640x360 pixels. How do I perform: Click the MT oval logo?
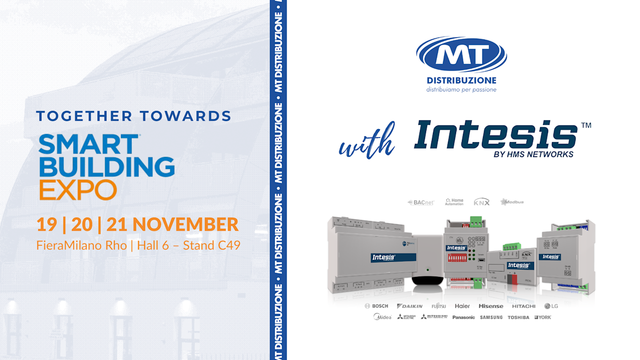pos(461,54)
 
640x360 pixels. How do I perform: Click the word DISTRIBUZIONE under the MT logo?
pos(461,80)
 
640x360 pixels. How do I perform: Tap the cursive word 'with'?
pos(366,142)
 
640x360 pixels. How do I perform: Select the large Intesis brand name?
pos(495,134)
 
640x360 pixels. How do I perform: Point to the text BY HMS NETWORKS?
pos(533,154)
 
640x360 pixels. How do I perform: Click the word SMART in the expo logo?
pos(88,144)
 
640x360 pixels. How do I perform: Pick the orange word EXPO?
pos(78,190)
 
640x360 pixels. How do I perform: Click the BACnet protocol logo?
pos(421,202)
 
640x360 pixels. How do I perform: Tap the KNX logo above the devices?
pos(481,201)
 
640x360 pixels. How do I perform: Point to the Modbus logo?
pos(512,202)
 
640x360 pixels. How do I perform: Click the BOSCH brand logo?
pos(376,306)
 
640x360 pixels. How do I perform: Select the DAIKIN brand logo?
pos(409,306)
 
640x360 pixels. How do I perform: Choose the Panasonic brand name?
pos(463,317)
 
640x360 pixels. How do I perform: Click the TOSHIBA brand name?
pos(518,317)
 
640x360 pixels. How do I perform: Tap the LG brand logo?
pos(551,306)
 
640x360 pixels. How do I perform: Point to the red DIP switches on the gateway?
pos(456,258)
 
